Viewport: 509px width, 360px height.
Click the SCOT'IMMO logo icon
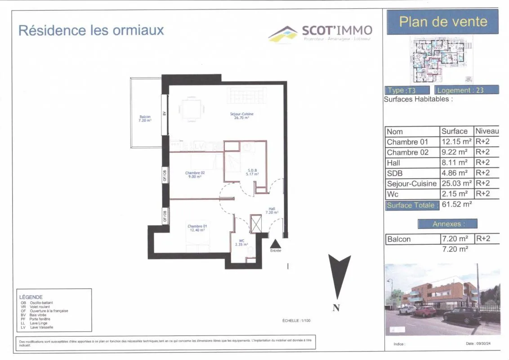point(283,34)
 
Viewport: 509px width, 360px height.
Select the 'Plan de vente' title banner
point(442,22)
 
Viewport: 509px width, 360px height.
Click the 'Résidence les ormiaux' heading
point(91,30)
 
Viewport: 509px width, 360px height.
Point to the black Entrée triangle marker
point(275,243)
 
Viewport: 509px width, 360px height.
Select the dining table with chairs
point(192,108)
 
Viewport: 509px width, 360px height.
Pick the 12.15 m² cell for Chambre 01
point(456,142)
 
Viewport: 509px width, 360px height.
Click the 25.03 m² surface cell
point(456,183)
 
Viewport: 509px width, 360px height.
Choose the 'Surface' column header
point(455,131)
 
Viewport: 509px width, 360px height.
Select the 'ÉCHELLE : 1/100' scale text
point(294,320)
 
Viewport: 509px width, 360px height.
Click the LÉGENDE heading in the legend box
point(31,297)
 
